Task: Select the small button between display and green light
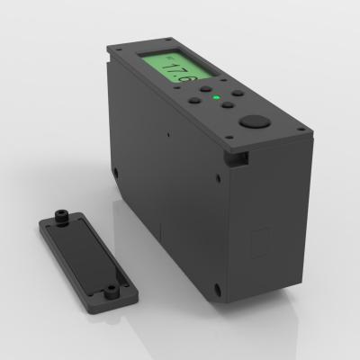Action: [207, 91]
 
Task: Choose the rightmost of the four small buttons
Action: [237, 93]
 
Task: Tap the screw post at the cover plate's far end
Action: [61, 216]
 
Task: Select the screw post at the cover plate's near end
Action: [111, 290]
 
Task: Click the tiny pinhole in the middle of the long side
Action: [168, 136]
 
